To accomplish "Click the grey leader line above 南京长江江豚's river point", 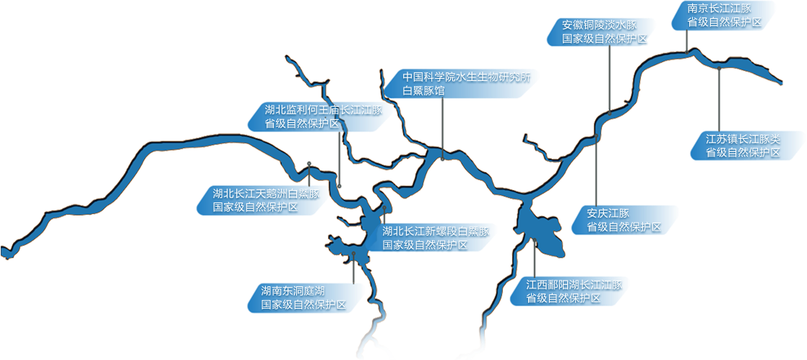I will pos(686,40).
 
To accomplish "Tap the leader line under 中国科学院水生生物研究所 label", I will pos(443,123).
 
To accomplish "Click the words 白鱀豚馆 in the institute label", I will pos(423,91).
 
